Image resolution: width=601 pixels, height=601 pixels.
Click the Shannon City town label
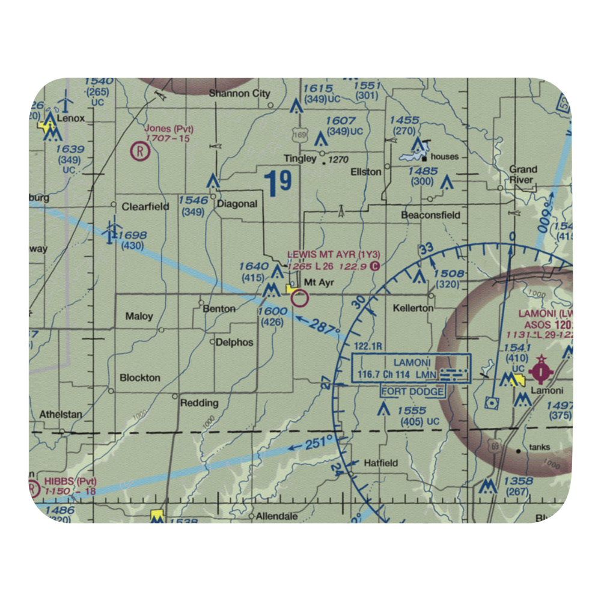click(239, 94)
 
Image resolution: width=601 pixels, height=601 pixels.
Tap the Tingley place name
click(300, 159)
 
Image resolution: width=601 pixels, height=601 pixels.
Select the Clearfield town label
click(145, 206)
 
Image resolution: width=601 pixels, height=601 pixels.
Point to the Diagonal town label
click(237, 204)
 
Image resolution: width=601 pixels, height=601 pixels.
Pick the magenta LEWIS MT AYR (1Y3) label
click(334, 255)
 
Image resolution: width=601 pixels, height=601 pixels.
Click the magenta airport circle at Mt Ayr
click(300, 297)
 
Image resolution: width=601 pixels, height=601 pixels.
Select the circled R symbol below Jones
click(140, 150)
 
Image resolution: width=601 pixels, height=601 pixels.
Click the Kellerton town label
click(413, 308)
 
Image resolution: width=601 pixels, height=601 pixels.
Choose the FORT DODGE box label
click(413, 392)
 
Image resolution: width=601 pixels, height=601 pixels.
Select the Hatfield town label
click(381, 463)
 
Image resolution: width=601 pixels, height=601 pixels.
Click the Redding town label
click(199, 403)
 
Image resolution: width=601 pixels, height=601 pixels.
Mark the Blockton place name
click(140, 377)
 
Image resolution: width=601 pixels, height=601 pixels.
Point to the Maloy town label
click(139, 316)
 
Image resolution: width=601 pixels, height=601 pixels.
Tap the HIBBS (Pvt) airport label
click(70, 482)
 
